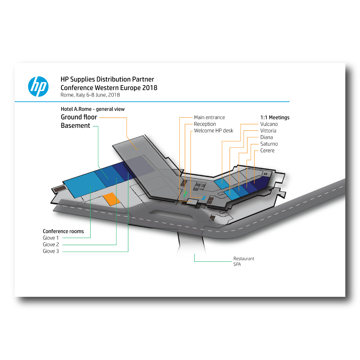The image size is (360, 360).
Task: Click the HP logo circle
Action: [x=38, y=86]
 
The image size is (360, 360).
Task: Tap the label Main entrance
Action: [x=209, y=117]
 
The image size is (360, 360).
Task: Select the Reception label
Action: [x=205, y=124]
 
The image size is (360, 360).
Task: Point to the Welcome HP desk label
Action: [x=214, y=131]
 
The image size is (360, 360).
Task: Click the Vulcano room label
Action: [x=269, y=124]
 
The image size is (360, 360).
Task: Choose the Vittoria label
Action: [x=268, y=131]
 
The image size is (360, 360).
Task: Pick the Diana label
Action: [x=267, y=137]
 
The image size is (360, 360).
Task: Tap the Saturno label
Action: [x=269, y=144]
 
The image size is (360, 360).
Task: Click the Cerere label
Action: [x=267, y=150]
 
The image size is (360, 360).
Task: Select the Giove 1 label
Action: [x=51, y=238]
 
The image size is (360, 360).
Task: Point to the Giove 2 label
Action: [x=51, y=245]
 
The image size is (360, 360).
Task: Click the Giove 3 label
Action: [x=51, y=251]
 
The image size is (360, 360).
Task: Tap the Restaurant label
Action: [x=244, y=259]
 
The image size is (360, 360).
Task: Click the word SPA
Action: [x=237, y=265]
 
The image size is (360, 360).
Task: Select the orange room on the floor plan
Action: [x=111, y=199]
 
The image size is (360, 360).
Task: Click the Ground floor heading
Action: [x=79, y=117]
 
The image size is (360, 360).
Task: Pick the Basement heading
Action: [x=76, y=126]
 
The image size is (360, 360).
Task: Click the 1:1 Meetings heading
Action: [x=275, y=118]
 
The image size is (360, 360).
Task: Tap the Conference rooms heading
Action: [x=63, y=231]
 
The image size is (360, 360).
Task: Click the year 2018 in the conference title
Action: [x=149, y=88]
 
